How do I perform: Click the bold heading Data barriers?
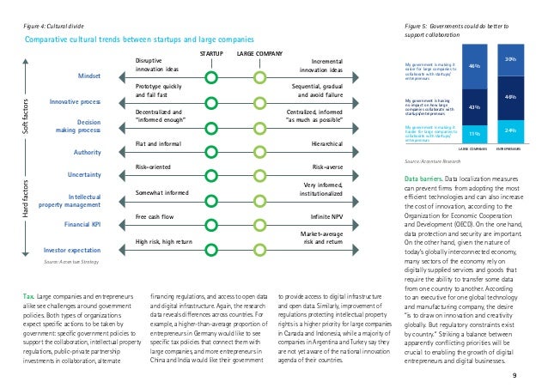[423, 179]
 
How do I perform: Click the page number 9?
[514, 375]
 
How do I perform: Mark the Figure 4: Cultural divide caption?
[57, 27]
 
